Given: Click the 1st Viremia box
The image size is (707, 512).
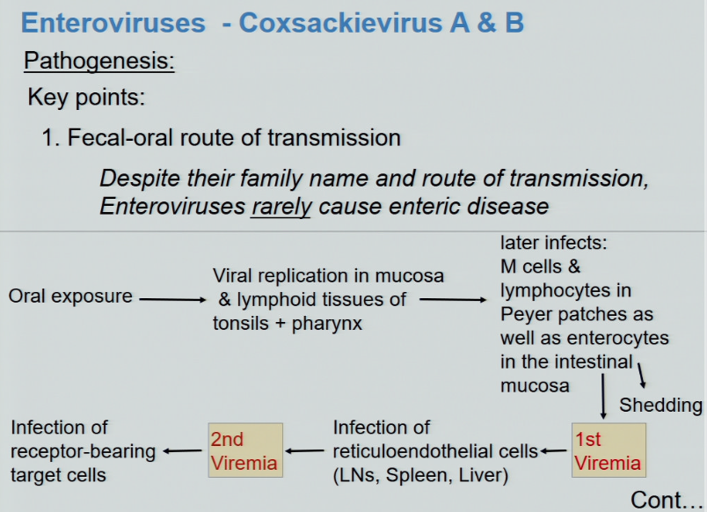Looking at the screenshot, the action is click(609, 450).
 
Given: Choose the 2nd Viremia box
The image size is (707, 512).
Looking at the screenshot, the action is click(245, 450).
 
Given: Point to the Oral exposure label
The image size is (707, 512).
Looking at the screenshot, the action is click(70, 296).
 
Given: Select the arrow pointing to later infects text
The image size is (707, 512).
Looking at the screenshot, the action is click(452, 299).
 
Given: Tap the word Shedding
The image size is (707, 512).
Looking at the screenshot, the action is click(660, 405).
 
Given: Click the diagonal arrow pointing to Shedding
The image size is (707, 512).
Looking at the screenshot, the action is click(642, 375).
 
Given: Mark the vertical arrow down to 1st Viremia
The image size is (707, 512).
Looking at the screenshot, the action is click(603, 397).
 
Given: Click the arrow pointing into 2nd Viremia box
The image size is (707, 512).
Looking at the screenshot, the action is click(305, 451).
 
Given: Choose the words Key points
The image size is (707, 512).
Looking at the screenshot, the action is click(86, 97).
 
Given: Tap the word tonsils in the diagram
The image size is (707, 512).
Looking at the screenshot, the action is click(240, 322).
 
